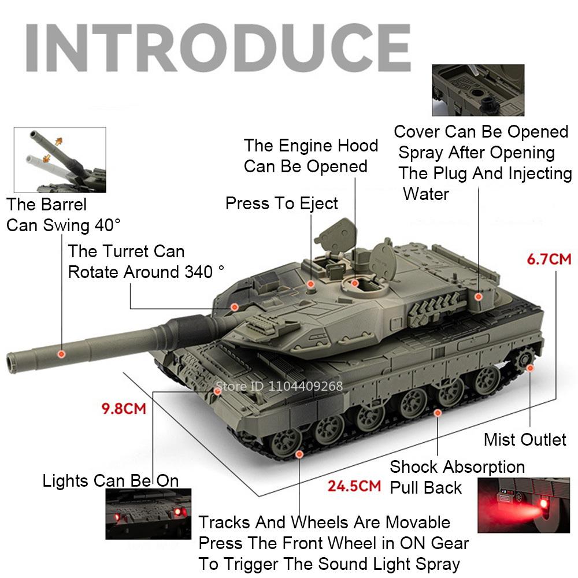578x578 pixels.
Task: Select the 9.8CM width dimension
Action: pyautogui.click(x=123, y=409)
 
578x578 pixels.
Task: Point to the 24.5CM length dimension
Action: pyautogui.click(x=354, y=485)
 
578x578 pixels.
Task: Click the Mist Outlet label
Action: pyautogui.click(x=525, y=439)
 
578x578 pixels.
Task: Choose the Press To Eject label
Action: pyautogui.click(x=281, y=203)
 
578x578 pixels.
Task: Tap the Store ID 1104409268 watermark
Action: pyautogui.click(x=279, y=386)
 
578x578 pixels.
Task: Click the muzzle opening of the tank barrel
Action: pyautogui.click(x=10, y=361)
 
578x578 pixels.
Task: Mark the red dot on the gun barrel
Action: pyautogui.click(x=62, y=353)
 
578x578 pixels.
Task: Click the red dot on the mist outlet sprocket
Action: pyautogui.click(x=530, y=367)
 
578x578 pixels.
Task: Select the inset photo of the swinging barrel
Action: pyautogui.click(x=60, y=160)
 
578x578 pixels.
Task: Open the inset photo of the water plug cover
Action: pyautogui.click(x=477, y=90)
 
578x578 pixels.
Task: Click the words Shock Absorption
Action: pyautogui.click(x=457, y=466)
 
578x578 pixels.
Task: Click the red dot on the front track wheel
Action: pyautogui.click(x=299, y=454)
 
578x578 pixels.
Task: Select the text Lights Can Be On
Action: pyautogui.click(x=110, y=480)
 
